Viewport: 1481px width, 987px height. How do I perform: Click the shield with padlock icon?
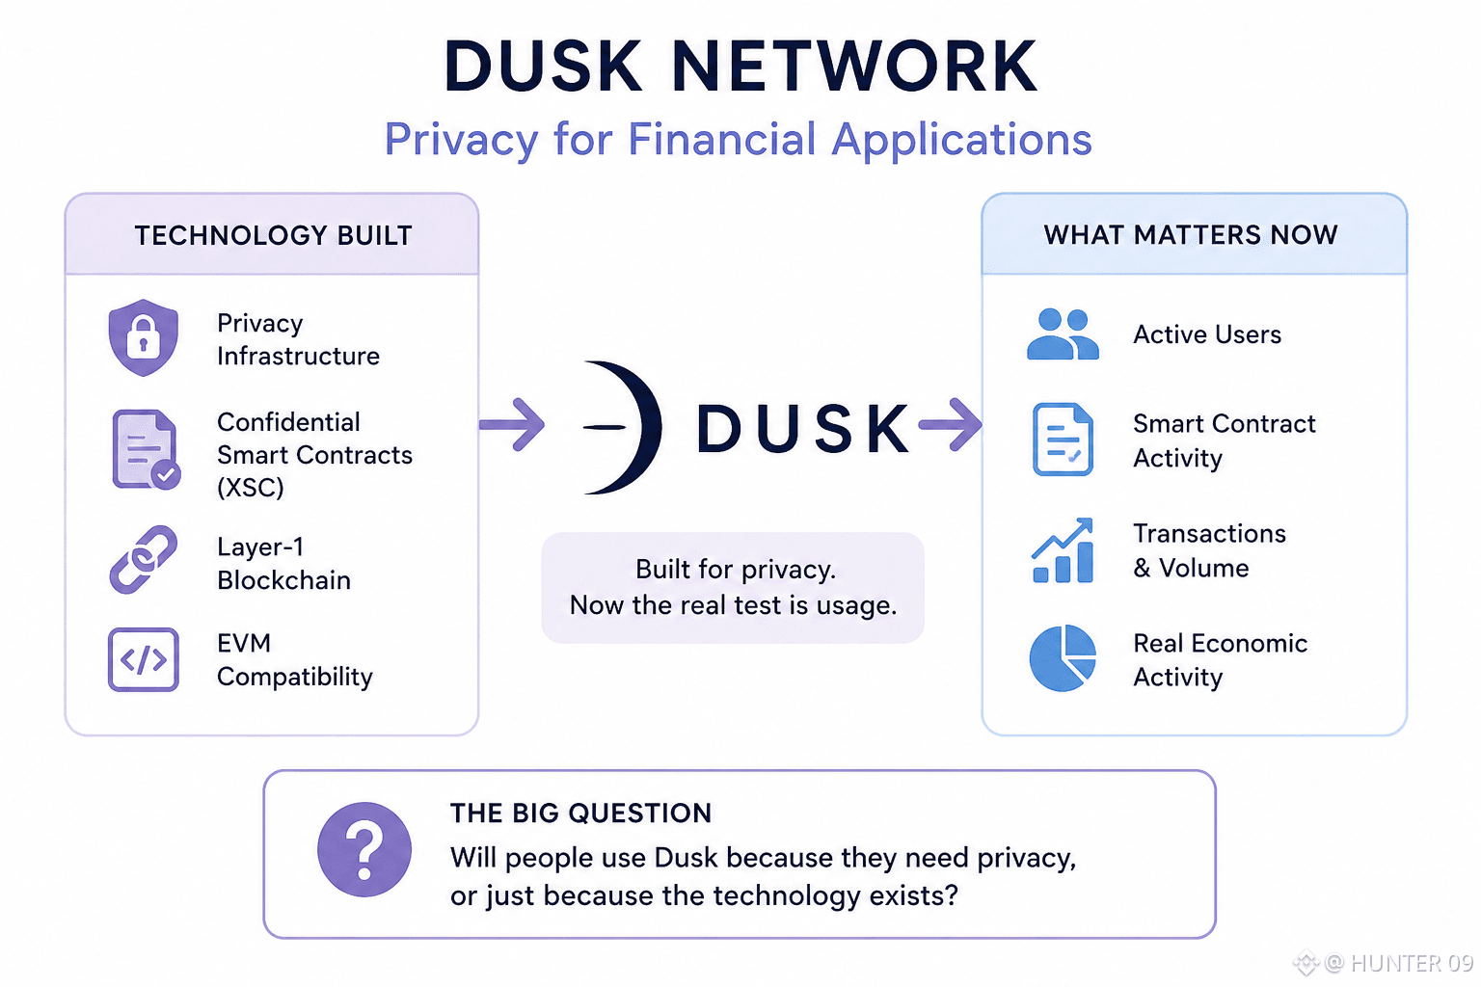tap(144, 337)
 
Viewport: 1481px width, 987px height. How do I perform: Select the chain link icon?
tap(144, 559)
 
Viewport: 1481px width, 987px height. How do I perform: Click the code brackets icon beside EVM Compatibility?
tap(144, 659)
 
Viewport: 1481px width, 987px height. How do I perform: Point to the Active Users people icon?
tap(1063, 333)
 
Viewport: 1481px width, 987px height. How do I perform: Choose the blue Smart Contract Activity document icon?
tap(1063, 439)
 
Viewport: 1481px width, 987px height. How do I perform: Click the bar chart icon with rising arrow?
tap(1063, 550)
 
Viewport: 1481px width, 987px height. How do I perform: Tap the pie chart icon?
tap(1063, 658)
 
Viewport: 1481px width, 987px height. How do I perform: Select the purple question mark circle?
tap(364, 849)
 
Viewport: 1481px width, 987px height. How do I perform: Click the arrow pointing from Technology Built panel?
tap(512, 424)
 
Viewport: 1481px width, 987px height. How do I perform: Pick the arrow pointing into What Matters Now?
tap(950, 424)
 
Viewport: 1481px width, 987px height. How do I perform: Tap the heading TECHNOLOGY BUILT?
tap(274, 235)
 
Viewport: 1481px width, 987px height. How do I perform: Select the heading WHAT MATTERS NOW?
tap(1191, 234)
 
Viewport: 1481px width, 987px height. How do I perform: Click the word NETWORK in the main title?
tap(854, 67)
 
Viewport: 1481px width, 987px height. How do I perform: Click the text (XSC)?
tap(251, 488)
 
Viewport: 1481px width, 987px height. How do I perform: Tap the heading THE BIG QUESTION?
tap(580, 814)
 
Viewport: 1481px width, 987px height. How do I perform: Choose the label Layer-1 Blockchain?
tap(283, 563)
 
